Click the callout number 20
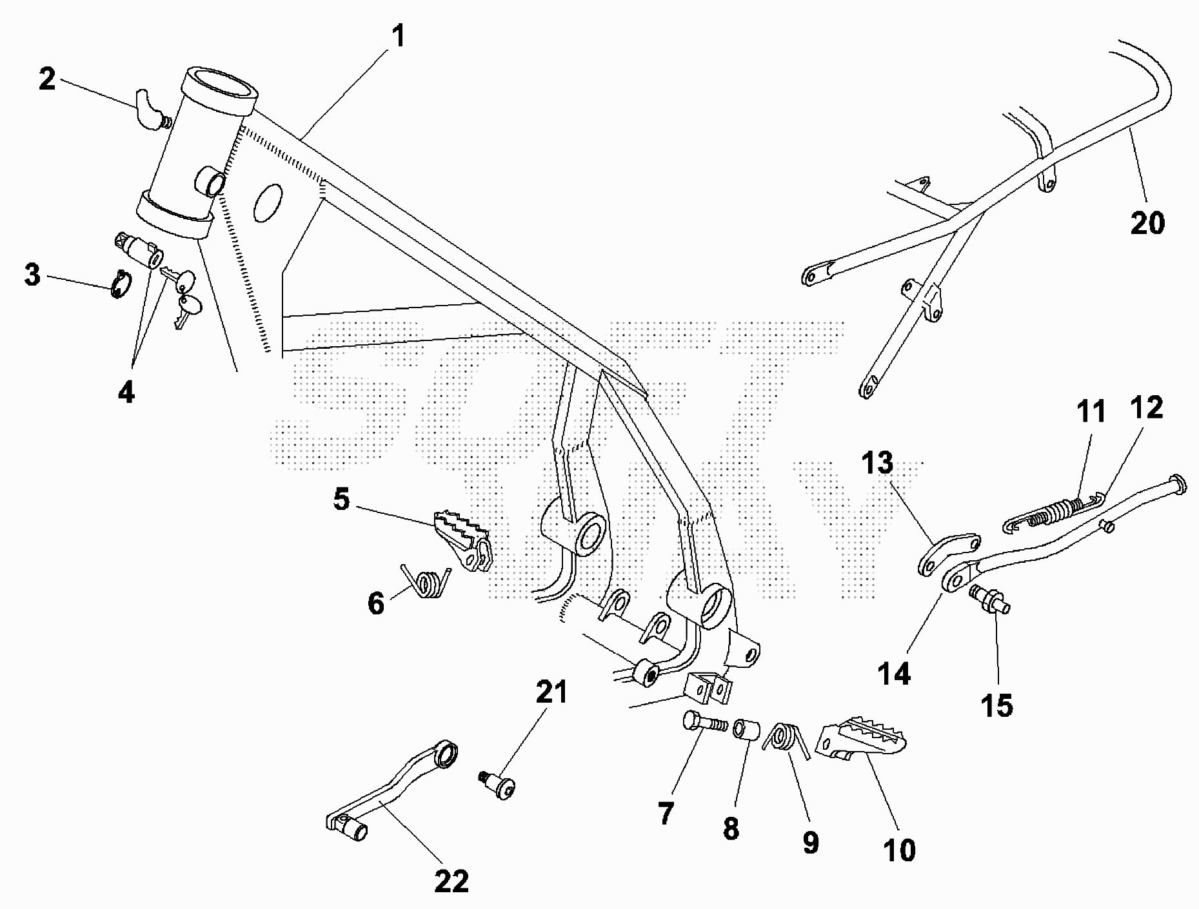coord(1147,223)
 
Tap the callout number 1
coord(399,36)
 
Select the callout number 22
coord(451,881)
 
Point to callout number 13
coord(877,463)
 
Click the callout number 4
coord(126,392)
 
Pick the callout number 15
coord(996,705)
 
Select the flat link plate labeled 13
coord(948,553)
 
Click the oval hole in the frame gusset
coord(268,202)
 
